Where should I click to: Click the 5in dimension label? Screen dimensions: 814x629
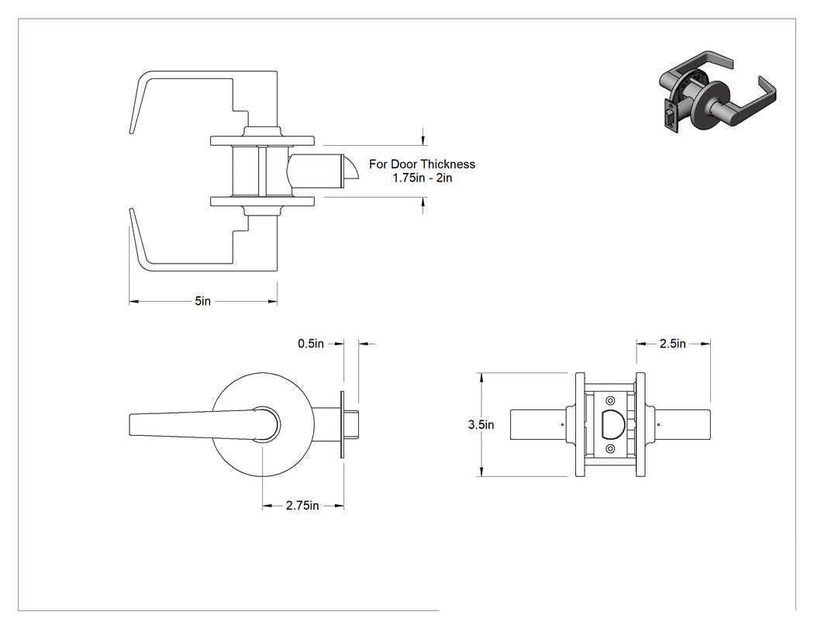tap(203, 301)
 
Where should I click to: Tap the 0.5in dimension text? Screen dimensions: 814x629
tap(310, 344)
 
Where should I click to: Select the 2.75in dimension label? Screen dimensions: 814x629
tap(302, 506)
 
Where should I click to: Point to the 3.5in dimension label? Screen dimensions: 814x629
tap(481, 424)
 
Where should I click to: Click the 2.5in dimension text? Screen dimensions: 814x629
tap(673, 344)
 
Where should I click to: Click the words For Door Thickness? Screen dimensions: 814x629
tap(422, 164)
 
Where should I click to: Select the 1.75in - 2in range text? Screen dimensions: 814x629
tap(422, 178)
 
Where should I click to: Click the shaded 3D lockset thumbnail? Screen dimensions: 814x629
tap(717, 92)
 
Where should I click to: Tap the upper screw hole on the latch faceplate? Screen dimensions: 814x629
tap(610, 400)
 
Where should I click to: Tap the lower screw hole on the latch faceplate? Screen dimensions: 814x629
tap(610, 448)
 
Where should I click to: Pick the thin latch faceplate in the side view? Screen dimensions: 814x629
tap(342, 424)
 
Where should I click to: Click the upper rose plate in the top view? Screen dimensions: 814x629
tap(262, 140)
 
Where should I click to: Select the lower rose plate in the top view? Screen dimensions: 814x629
tap(262, 202)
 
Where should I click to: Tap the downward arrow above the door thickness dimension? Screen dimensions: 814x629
tap(423, 137)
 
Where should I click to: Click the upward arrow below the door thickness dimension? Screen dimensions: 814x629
tap(423, 206)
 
